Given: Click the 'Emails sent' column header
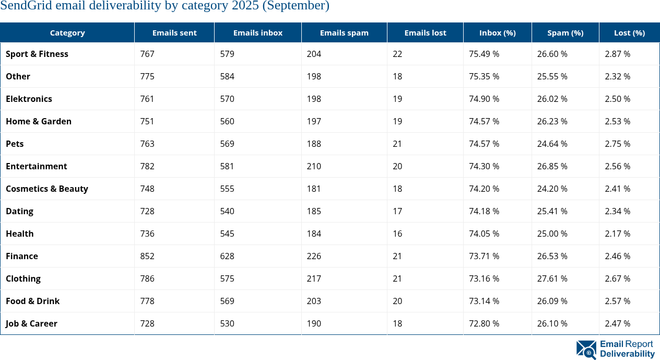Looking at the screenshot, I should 174,32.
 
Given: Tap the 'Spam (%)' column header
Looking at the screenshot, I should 565,32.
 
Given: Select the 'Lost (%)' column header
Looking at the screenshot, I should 629,32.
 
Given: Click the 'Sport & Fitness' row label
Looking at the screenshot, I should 37,54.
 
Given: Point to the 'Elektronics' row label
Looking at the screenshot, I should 29,99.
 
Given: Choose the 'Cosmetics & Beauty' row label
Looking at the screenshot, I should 47,189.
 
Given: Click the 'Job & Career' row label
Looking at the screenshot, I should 31,323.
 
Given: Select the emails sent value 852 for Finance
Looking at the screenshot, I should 147,256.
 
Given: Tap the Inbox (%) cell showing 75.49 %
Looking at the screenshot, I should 484,54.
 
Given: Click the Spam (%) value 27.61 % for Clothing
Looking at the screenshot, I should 552,278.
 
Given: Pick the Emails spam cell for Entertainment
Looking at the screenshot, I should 314,166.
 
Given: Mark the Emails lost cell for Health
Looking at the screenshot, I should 397,234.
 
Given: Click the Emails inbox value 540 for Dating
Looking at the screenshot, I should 227,211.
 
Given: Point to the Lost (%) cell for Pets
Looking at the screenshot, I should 617,144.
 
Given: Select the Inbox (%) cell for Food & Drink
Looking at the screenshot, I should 484,301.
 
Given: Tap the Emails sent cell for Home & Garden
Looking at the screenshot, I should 147,121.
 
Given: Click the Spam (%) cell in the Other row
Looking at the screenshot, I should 552,76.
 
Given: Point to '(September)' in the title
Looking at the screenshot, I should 298,6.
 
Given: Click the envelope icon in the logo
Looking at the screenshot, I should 586,350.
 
